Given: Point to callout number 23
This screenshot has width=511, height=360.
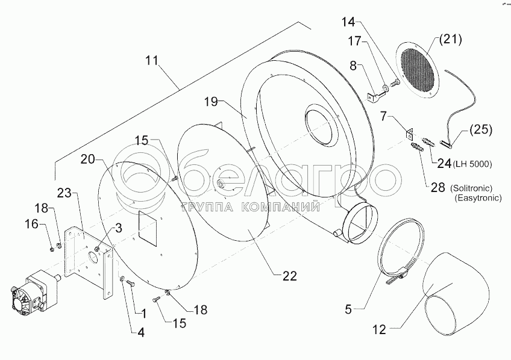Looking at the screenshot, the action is [65, 194].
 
